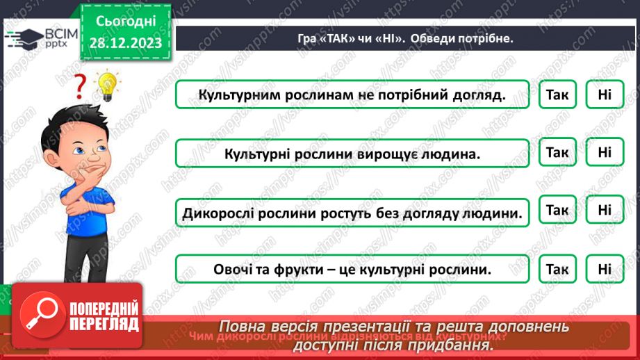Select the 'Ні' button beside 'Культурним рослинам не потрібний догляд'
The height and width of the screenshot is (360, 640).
tap(604, 95)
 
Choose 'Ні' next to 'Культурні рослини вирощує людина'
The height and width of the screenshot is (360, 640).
tap(604, 152)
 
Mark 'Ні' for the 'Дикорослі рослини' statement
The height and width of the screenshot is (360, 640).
tap(604, 210)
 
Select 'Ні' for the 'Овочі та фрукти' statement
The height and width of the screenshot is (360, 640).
tap(604, 268)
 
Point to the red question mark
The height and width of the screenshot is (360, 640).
tap(81, 87)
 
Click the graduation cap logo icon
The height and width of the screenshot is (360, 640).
tap(25, 38)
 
